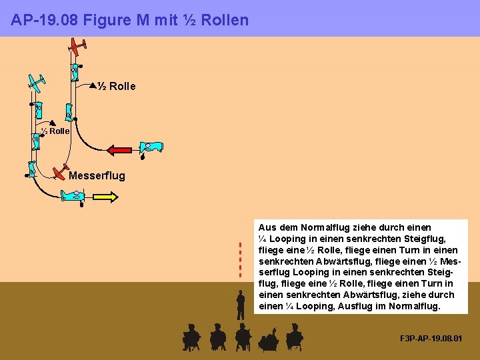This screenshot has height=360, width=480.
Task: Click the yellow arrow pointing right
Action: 105,197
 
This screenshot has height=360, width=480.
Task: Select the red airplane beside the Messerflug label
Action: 61,171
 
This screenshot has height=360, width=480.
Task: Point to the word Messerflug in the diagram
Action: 97,176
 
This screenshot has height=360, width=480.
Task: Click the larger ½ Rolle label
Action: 117,86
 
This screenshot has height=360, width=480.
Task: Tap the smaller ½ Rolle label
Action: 56,131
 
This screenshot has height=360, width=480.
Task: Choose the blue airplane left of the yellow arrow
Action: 73,195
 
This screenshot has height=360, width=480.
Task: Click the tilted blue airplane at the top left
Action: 37,82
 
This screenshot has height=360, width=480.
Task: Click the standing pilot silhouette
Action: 240,305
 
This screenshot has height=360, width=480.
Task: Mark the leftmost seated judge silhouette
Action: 191,337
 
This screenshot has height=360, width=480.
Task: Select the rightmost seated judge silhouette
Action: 294,337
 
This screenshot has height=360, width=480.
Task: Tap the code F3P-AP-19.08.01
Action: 430,339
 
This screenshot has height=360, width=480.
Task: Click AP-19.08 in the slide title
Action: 43,20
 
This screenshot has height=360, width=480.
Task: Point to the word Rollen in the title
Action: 224,20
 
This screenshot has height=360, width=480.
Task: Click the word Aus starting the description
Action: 267,227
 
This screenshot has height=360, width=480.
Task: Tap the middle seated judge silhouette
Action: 243,337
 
